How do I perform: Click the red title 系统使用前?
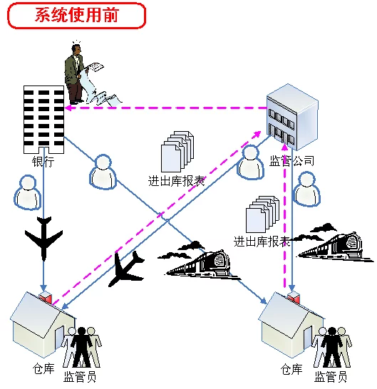click(x=77, y=15)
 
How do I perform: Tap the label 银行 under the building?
click(x=43, y=162)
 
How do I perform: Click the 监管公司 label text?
click(x=291, y=161)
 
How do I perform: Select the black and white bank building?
click(x=43, y=120)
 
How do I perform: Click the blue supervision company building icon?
click(x=292, y=117)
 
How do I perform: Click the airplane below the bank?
click(x=43, y=238)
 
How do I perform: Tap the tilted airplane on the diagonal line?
click(x=126, y=269)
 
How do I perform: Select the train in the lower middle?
click(x=199, y=261)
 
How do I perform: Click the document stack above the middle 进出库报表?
click(x=177, y=151)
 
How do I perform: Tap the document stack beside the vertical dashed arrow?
click(x=262, y=214)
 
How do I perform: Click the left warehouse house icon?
click(x=42, y=323)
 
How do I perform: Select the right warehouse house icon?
click(x=291, y=323)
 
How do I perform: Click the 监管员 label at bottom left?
click(x=79, y=376)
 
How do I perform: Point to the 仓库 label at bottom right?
click(x=291, y=369)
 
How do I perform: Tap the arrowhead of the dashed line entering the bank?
click(x=68, y=108)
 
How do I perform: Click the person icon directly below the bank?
click(x=28, y=193)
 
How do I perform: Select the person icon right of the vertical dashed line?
click(x=306, y=189)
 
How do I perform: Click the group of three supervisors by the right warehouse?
click(x=332, y=348)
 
